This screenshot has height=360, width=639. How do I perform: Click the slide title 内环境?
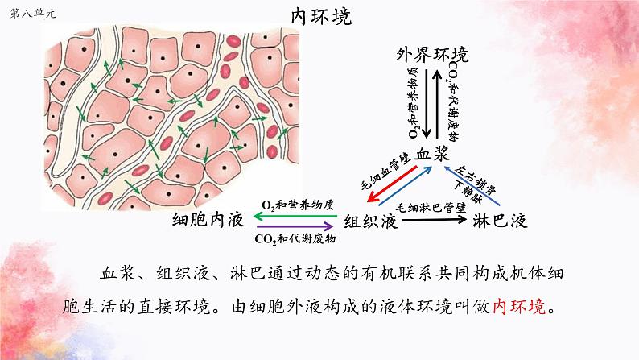tap(321, 17)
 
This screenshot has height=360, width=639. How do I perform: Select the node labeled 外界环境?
tap(432, 55)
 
